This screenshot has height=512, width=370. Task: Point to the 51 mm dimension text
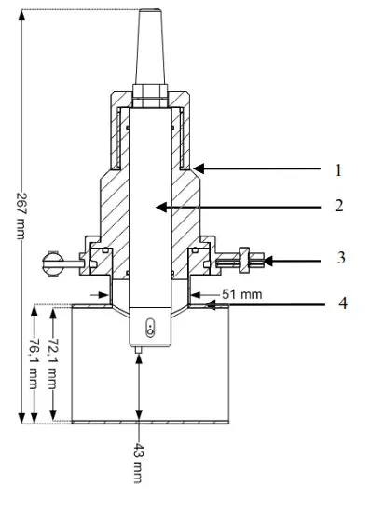234,294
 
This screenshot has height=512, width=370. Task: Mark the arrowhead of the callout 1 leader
197,169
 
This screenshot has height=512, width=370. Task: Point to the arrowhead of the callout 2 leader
159,205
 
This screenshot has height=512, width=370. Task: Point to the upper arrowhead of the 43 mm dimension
139,357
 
